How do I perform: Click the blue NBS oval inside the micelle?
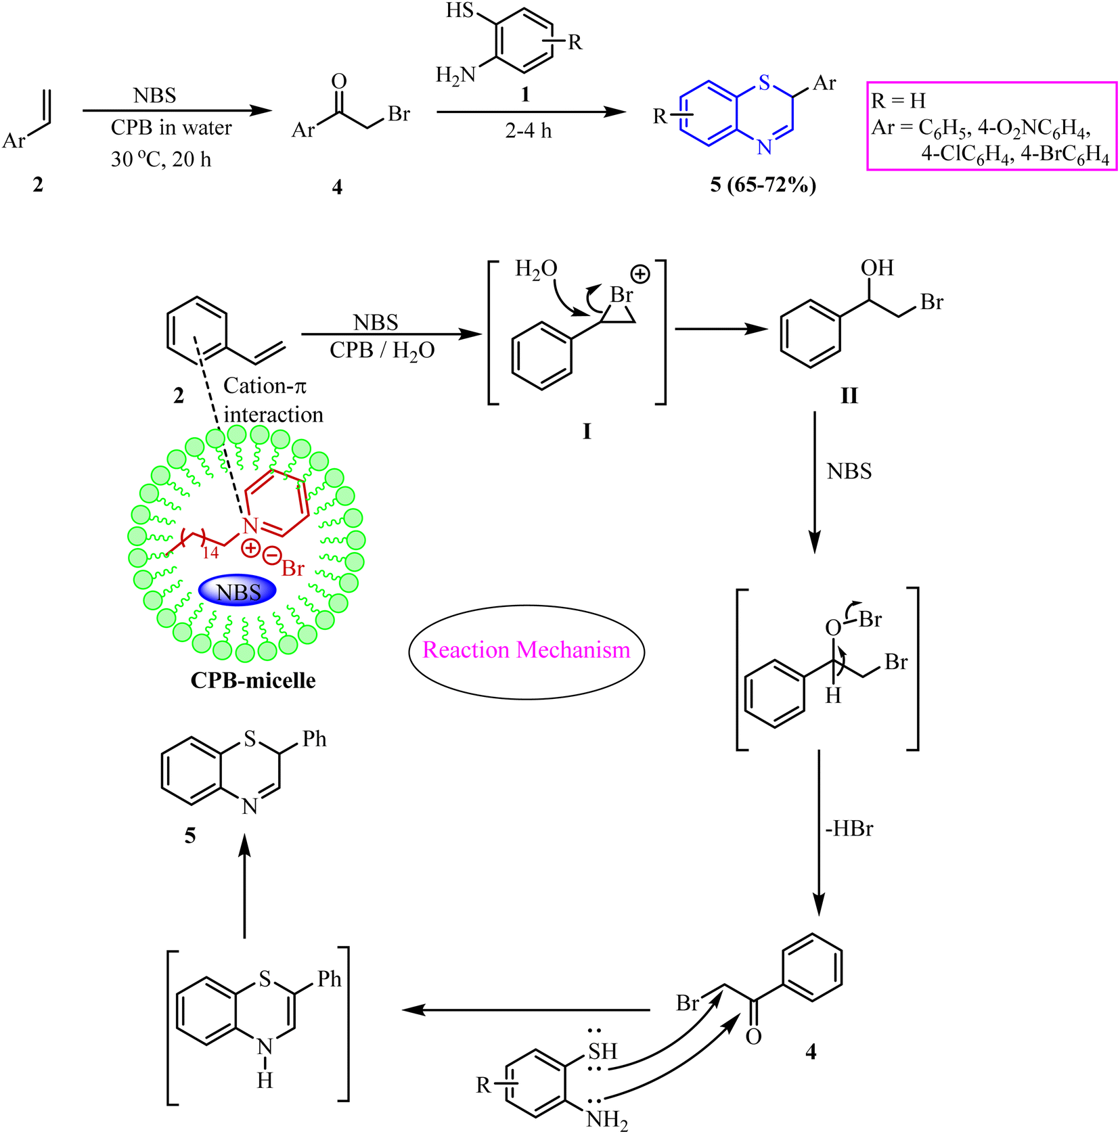[238, 591]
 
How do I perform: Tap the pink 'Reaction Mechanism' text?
[527, 650]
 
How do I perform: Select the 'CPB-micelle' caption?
[253, 680]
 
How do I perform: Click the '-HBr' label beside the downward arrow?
[849, 829]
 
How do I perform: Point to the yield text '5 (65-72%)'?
[763, 184]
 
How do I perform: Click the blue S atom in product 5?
[765, 83]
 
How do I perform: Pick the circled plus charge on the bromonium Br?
[640, 274]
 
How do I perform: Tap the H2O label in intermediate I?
[536, 269]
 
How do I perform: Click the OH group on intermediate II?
[877, 268]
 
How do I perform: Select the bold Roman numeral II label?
[849, 396]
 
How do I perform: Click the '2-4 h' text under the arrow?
[529, 131]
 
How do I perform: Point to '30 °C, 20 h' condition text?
[161, 160]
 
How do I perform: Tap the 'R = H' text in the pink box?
[898, 101]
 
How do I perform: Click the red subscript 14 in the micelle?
[210, 553]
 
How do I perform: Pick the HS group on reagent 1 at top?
[460, 12]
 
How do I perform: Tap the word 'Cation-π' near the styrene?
[265, 386]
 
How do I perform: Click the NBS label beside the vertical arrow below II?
[849, 471]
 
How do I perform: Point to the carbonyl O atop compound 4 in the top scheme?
[339, 82]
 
